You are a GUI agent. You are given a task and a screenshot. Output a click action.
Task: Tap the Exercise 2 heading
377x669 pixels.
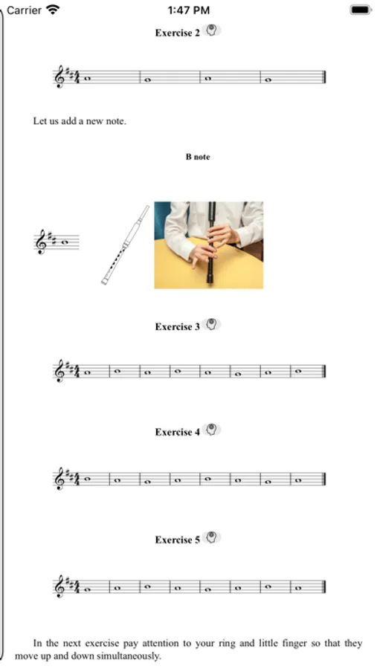point(177,33)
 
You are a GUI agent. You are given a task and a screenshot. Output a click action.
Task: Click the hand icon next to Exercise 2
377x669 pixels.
point(211,30)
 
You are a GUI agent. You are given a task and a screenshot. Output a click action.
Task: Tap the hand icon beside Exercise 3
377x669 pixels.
point(211,324)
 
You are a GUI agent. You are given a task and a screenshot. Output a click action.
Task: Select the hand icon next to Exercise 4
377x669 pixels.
point(211,430)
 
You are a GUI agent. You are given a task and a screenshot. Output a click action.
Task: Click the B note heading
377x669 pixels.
point(198,157)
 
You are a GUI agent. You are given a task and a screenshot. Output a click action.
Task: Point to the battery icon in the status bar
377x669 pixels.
point(361,10)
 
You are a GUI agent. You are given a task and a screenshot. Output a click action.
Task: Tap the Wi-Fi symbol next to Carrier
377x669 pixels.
point(53,10)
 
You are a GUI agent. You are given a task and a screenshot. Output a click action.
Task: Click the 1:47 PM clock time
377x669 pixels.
point(189,10)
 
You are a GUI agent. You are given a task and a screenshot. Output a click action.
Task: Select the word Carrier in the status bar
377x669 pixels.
point(24,10)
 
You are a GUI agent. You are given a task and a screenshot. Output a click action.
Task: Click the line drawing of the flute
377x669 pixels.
point(125,245)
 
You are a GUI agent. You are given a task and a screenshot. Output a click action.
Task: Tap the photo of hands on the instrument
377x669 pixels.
point(208,245)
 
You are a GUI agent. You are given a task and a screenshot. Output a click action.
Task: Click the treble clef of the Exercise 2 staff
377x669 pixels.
point(59,77)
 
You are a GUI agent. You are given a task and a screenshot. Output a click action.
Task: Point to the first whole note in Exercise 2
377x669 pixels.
point(88,79)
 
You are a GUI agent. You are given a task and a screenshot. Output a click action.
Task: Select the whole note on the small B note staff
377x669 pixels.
point(65,242)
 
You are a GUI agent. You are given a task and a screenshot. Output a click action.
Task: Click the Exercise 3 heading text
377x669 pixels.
point(177,327)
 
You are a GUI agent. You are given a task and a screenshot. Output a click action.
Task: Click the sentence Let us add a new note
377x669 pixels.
point(80,120)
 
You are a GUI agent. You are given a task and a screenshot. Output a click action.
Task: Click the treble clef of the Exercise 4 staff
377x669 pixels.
point(59,478)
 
